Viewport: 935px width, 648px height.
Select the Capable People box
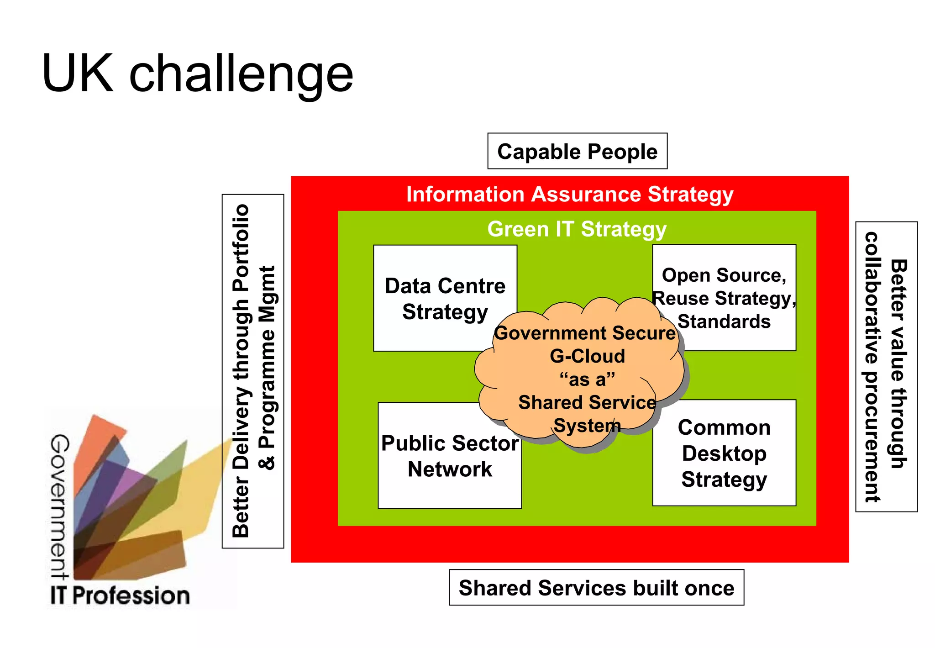pos(577,151)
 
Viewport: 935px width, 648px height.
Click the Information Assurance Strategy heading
pos(570,194)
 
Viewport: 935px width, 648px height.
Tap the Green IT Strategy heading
pos(577,229)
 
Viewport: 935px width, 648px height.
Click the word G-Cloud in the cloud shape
pos(587,356)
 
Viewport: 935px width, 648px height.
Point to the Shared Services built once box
pos(596,588)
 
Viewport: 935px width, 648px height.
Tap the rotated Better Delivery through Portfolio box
pos(252,371)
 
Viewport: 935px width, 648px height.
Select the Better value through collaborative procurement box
pos(886,366)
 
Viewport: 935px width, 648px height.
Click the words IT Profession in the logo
pos(120,595)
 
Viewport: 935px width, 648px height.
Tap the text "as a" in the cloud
pos(587,379)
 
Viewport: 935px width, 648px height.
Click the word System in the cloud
pos(587,426)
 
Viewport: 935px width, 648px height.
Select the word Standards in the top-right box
pos(724,321)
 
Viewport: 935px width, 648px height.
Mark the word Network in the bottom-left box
pos(450,469)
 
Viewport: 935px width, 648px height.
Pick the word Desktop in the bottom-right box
pos(724,453)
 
